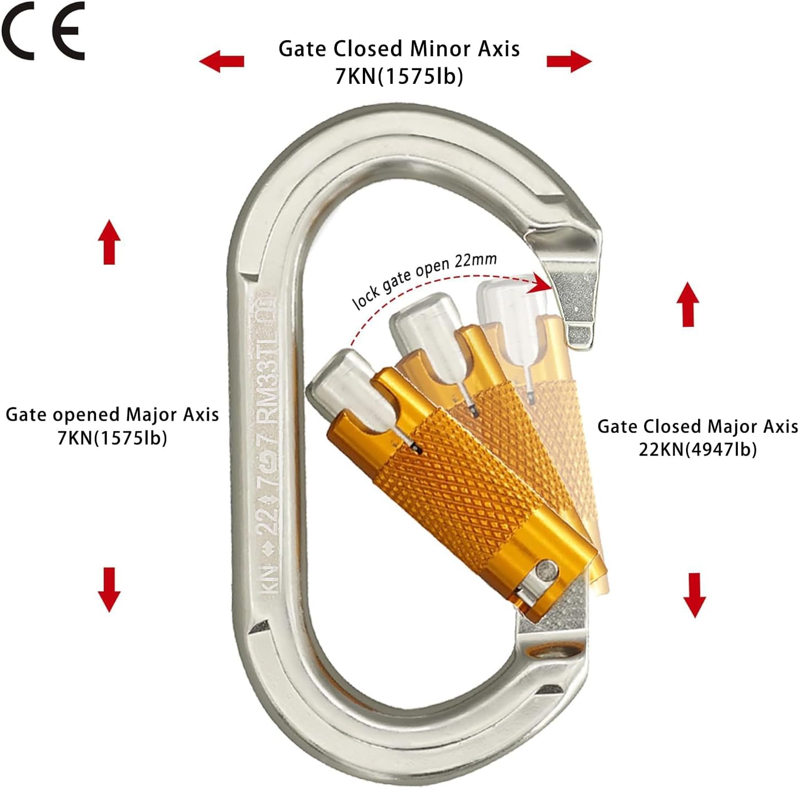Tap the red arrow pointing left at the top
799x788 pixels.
(x=222, y=60)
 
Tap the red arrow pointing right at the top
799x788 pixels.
(x=569, y=61)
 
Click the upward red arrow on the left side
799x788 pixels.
(x=109, y=242)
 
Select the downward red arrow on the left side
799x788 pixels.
(x=109, y=589)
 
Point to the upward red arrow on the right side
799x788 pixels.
(x=688, y=304)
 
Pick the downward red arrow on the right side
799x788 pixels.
(x=694, y=594)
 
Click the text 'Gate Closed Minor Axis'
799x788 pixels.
(x=399, y=49)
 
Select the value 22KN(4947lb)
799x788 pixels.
(x=698, y=449)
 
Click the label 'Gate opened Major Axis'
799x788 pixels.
(x=112, y=414)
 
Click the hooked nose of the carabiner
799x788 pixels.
(x=576, y=292)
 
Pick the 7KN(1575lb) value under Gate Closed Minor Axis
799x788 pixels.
(x=399, y=76)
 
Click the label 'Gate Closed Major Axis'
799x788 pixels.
(x=698, y=426)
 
